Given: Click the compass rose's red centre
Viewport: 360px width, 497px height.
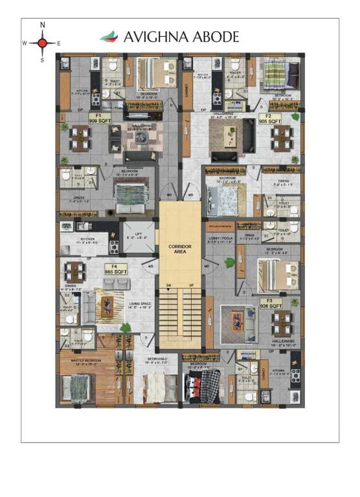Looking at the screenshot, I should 43,43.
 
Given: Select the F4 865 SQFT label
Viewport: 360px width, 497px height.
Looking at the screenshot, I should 114,271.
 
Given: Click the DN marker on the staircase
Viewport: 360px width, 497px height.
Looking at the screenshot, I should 168,285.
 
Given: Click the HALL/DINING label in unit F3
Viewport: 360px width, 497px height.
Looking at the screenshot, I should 282,344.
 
